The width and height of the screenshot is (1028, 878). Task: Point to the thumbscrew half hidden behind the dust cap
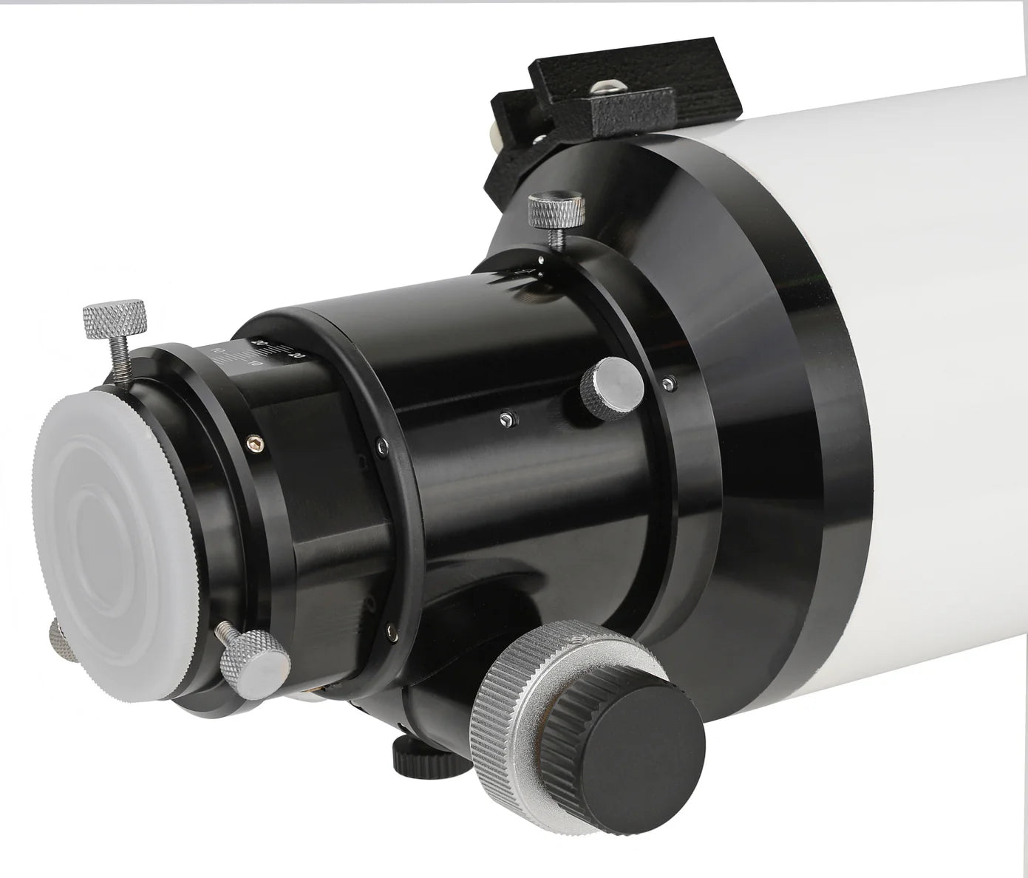56,636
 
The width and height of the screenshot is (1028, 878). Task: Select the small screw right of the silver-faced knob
670,382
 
